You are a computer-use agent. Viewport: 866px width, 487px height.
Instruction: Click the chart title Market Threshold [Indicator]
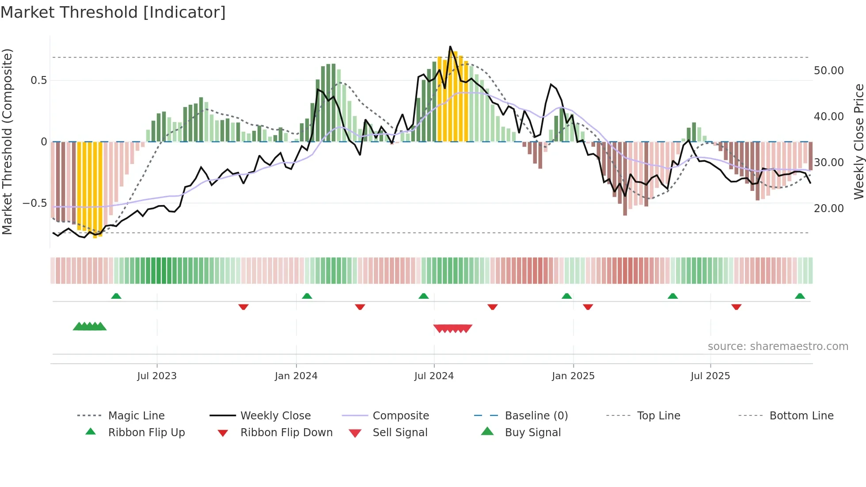pos(113,12)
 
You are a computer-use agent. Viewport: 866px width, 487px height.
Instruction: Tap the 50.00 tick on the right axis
pos(828,71)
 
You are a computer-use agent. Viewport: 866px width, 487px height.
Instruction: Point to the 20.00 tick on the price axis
pos(828,209)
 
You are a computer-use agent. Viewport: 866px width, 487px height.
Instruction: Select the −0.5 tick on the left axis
pos(35,203)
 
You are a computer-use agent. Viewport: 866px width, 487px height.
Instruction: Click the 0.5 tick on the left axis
pos(38,80)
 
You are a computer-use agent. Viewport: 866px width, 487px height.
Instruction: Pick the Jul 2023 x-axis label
pos(157,376)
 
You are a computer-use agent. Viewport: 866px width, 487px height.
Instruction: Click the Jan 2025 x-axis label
pos(573,376)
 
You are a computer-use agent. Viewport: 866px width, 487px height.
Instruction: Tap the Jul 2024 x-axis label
pos(434,376)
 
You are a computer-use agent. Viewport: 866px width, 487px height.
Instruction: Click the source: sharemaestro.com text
pos(778,346)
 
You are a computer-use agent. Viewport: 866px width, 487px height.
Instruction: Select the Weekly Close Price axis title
pos(858,141)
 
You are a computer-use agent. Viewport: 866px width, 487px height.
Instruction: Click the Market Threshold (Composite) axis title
pos(7,141)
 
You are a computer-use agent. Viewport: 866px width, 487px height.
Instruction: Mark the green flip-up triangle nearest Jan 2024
pos(307,296)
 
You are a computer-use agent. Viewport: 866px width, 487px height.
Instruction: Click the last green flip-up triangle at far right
pos(800,296)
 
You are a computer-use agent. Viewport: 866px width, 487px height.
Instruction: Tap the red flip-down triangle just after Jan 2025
pos(588,307)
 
